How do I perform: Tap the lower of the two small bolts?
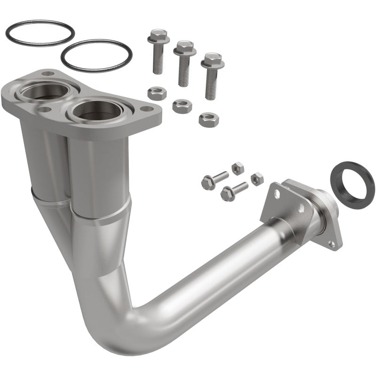[234, 188]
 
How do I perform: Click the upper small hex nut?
[238, 167]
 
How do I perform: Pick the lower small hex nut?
[257, 179]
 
